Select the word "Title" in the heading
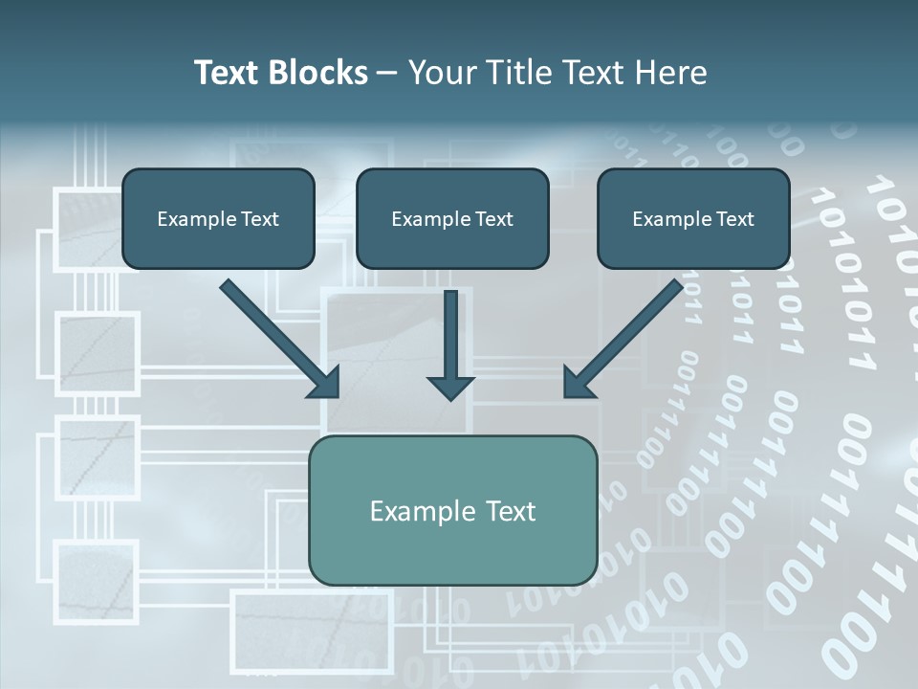513,73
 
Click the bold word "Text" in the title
226,73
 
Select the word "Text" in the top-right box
734,219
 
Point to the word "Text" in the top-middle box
493,219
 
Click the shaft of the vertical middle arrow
450,330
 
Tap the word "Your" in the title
437,73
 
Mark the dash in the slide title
387,74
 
